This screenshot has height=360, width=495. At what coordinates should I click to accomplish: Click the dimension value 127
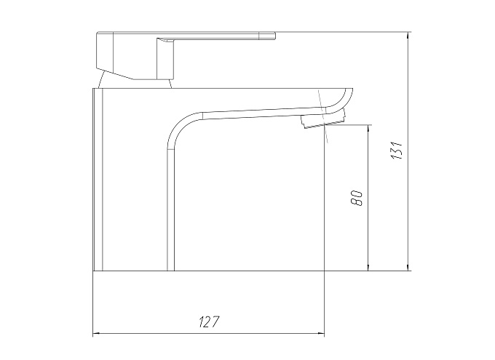(x=209, y=321)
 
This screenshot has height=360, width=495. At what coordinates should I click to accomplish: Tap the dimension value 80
(x=357, y=198)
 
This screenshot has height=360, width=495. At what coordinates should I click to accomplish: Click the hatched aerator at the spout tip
(x=323, y=121)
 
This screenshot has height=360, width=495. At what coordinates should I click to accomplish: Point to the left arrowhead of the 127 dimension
(x=96, y=333)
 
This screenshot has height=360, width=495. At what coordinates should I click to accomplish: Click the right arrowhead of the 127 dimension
(x=321, y=333)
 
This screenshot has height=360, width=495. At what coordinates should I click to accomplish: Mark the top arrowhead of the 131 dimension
(x=409, y=36)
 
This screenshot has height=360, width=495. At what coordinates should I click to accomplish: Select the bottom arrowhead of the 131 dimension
(x=409, y=267)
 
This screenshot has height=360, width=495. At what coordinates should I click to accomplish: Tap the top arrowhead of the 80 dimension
(x=368, y=129)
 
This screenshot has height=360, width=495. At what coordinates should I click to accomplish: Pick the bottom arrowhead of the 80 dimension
(x=368, y=267)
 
